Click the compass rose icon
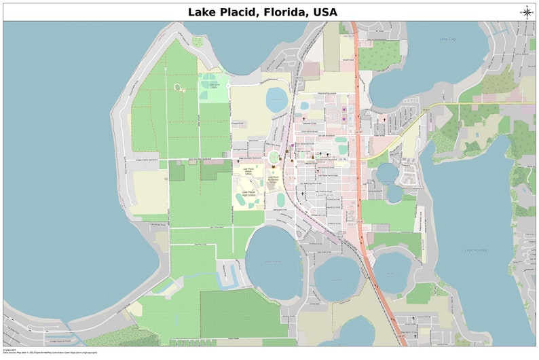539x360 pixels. [x=527, y=12]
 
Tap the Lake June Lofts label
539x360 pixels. [x=214, y=86]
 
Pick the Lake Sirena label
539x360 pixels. [x=273, y=262]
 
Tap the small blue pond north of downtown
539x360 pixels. [x=277, y=99]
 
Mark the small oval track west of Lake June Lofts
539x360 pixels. [x=178, y=88]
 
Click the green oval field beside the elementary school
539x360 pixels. [x=280, y=199]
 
